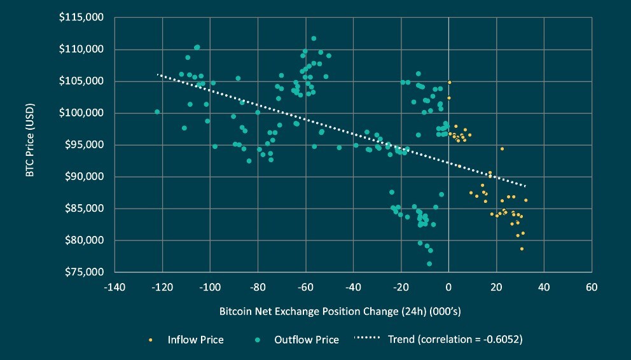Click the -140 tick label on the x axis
coord(114,287)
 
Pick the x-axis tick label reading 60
coord(592,287)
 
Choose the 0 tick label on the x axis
coord(448,287)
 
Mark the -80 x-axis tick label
coord(258,287)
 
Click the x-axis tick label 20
coord(496,287)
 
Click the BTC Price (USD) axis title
coord(30,145)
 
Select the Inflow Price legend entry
coord(195,340)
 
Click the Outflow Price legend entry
coord(307,340)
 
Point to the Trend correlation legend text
coord(455,340)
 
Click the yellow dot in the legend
coord(151,340)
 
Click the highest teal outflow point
coord(314,38)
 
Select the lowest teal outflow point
coord(429,263)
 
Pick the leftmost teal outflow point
coord(157,112)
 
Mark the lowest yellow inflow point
coord(522,249)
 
